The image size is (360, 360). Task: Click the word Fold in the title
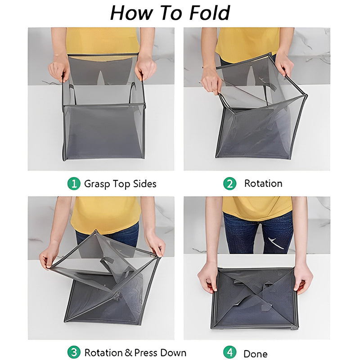coord(210,13)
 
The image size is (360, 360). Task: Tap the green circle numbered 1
coord(74,184)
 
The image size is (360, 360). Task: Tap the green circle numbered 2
coord(229,184)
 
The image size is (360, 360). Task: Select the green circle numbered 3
coord(74,352)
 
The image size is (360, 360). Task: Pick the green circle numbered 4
coord(229,352)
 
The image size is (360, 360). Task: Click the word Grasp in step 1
coord(97,184)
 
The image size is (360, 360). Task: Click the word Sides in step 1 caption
coord(144,184)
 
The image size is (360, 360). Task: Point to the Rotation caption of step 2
coord(263,184)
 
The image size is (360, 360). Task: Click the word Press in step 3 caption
coord(145,353)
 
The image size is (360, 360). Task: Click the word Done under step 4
coord(256,354)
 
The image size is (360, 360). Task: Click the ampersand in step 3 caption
coord(128,353)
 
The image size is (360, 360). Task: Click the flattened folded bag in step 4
coord(255,298)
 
